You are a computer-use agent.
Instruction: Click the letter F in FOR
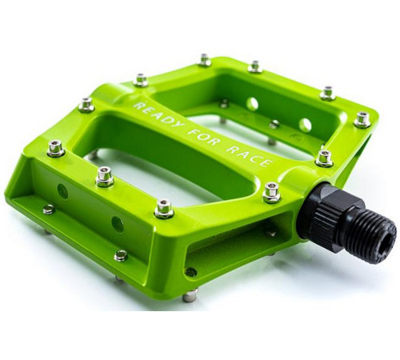tap(197, 132)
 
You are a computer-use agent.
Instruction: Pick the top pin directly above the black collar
tap(324, 157)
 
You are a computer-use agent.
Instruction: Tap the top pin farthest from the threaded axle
tap(55, 148)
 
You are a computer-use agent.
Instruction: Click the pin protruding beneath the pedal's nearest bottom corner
tap(190, 296)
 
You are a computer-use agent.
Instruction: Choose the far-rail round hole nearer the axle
tap(305, 125)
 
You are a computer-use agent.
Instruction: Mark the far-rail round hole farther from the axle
tap(253, 104)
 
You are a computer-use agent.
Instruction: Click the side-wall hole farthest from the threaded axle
tap(62, 191)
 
